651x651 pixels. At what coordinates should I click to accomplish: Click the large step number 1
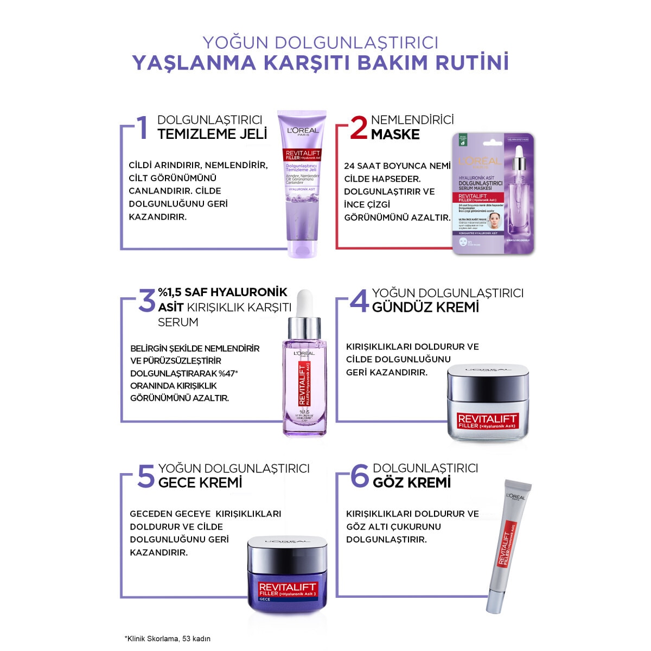tap(142, 128)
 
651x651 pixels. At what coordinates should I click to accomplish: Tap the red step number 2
tap(359, 128)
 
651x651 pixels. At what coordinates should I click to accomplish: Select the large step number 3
tap(146, 301)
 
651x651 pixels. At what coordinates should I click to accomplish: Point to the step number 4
tap(359, 301)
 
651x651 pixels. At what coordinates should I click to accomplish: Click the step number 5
tap(145, 476)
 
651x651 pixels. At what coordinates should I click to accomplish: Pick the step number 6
tap(360, 476)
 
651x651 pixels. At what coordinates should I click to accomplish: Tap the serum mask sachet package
tap(493, 194)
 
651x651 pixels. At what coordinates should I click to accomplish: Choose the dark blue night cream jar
tap(288, 575)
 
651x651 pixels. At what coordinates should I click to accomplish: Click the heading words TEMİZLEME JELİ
tap(212, 134)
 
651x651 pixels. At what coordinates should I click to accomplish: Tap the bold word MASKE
tap(395, 135)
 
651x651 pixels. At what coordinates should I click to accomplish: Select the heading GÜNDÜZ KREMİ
tap(425, 308)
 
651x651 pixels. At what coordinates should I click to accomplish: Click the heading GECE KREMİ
tap(200, 483)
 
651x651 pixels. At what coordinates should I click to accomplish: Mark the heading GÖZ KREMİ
tap(412, 483)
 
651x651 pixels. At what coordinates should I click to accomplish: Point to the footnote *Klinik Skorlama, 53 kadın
tap(168, 639)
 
